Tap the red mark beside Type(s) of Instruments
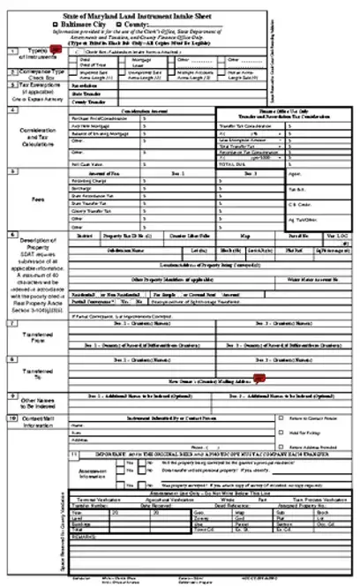54,50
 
